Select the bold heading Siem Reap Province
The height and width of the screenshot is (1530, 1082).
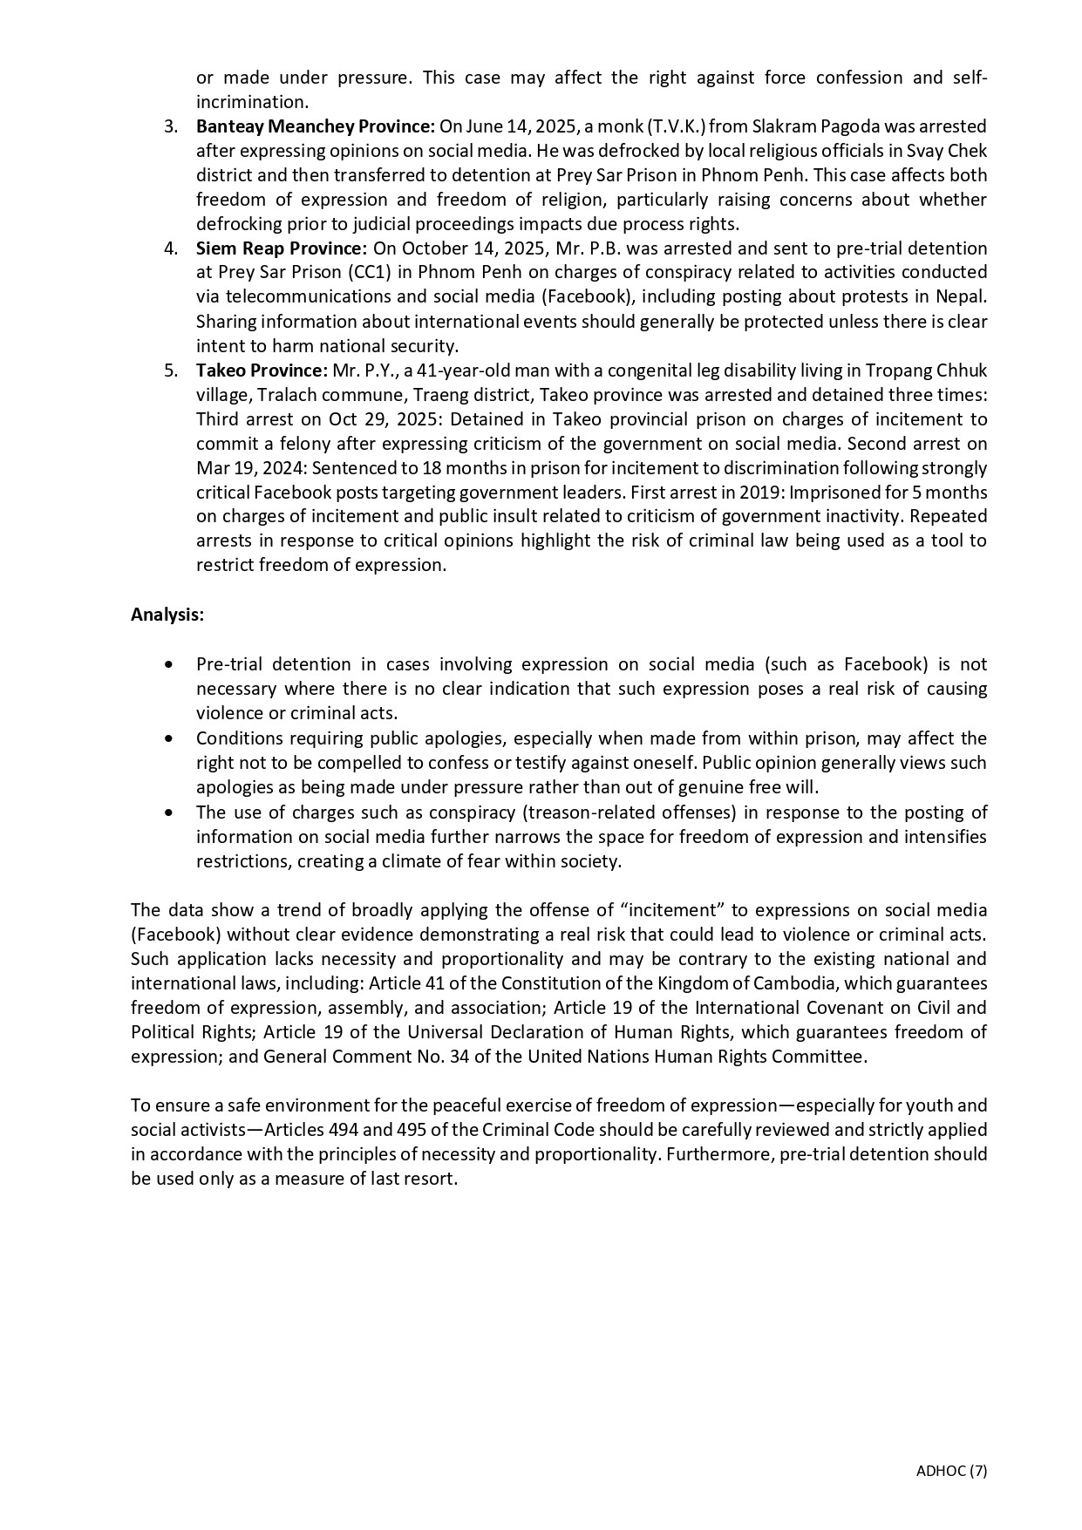[x=281, y=248]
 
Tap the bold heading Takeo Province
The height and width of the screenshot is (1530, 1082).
[x=262, y=371]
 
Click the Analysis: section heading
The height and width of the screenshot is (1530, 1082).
[x=167, y=615]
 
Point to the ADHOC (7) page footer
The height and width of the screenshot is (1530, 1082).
[x=951, y=1471]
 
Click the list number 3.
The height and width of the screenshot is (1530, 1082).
[x=171, y=126]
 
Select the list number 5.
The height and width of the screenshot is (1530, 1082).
[x=171, y=371]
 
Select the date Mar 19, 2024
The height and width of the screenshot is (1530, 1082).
[x=248, y=468]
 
